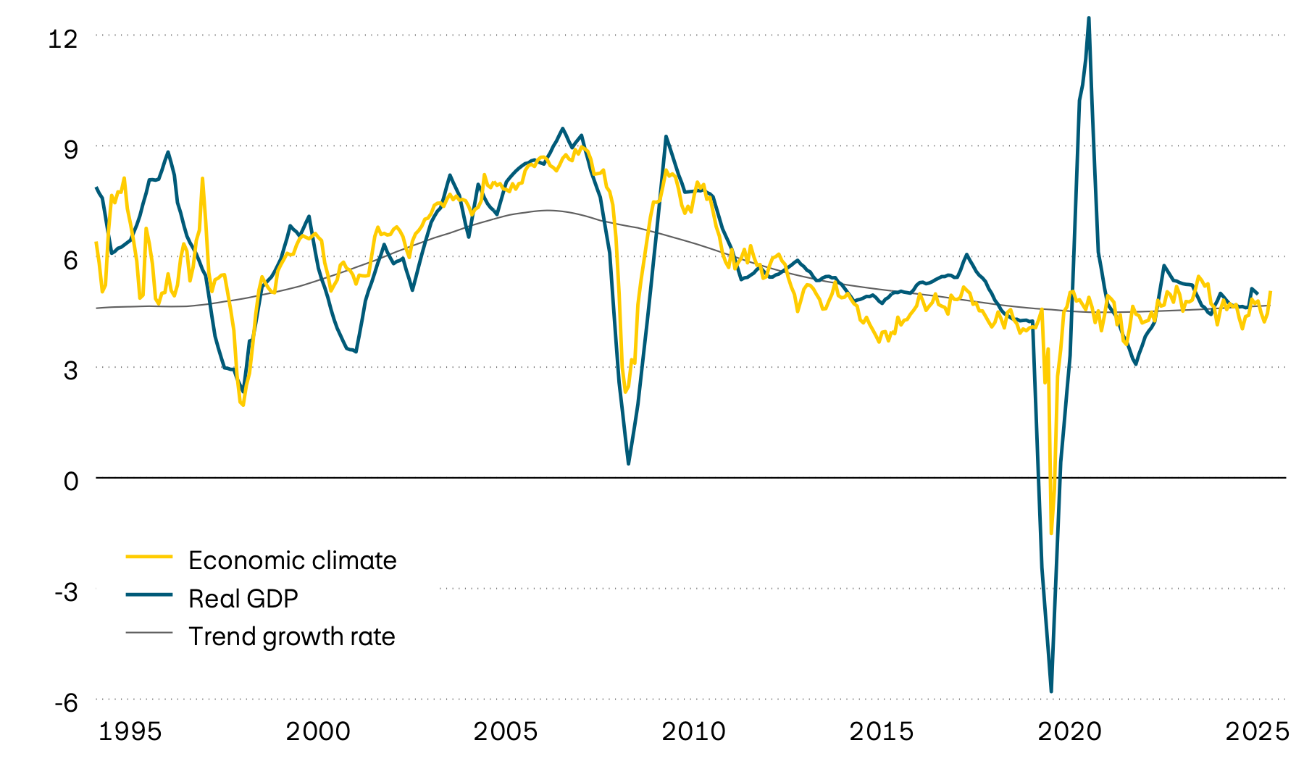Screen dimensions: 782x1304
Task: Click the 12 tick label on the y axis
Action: (63, 38)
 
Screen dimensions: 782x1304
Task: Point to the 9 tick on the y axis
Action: (70, 150)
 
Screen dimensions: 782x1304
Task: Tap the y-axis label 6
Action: (70, 261)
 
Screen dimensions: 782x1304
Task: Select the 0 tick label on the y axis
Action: (70, 481)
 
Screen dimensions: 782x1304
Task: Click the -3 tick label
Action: (66, 592)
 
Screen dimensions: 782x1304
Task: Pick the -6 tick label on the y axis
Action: (66, 703)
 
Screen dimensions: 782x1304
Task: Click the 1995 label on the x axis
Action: (130, 731)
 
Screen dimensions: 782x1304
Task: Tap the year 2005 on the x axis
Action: (506, 731)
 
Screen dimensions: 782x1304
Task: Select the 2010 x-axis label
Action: (693, 731)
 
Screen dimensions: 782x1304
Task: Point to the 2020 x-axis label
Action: (1069, 731)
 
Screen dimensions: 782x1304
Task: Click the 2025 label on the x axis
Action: (1257, 731)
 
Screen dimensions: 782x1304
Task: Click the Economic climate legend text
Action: (292, 560)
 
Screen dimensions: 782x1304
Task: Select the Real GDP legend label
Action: (243, 599)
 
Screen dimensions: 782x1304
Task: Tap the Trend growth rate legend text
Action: (291, 636)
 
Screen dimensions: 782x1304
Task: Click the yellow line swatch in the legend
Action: (149, 557)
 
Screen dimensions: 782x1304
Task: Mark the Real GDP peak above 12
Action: (1089, 19)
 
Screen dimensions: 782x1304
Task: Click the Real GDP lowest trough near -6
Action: (1051, 691)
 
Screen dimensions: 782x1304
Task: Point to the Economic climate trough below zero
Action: (1051, 533)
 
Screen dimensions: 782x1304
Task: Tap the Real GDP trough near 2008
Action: (628, 463)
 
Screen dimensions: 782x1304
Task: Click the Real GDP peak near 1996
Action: (168, 152)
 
